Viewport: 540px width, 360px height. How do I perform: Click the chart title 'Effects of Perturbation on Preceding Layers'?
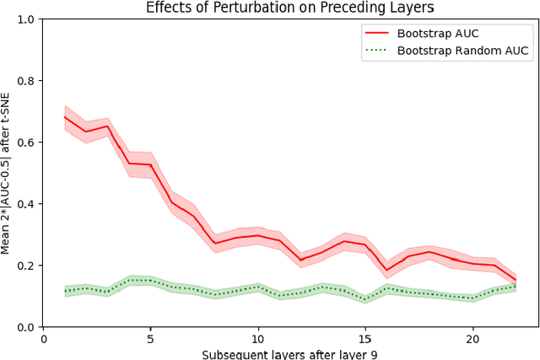[289, 8]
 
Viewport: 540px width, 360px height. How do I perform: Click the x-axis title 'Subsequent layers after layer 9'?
[289, 353]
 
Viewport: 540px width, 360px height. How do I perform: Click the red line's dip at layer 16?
[386, 271]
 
